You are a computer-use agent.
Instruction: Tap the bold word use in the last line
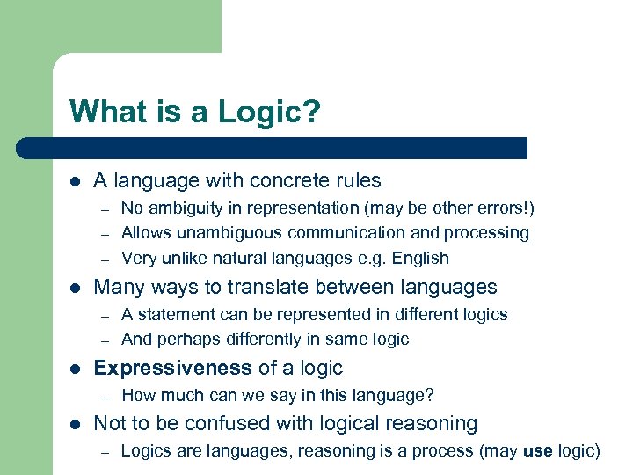537,451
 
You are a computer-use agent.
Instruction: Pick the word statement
172,314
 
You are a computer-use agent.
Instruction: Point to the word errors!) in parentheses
502,208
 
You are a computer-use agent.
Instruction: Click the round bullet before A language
75,181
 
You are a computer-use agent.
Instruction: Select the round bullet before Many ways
75,288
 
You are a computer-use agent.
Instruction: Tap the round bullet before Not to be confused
75,424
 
